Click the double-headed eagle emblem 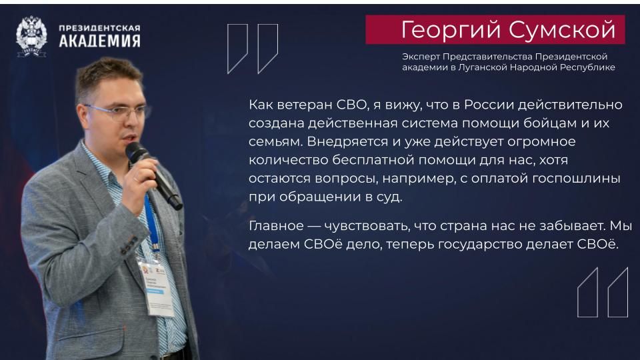coord(31,36)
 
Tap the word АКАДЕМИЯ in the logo coord(99,41)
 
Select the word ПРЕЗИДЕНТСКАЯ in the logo coord(99,28)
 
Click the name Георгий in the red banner coord(451,30)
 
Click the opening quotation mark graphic coord(253,49)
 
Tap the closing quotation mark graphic coord(603,292)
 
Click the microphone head coord(135,151)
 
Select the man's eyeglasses coord(117,111)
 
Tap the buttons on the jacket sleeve coord(129,245)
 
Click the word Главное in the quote coord(276,226)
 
